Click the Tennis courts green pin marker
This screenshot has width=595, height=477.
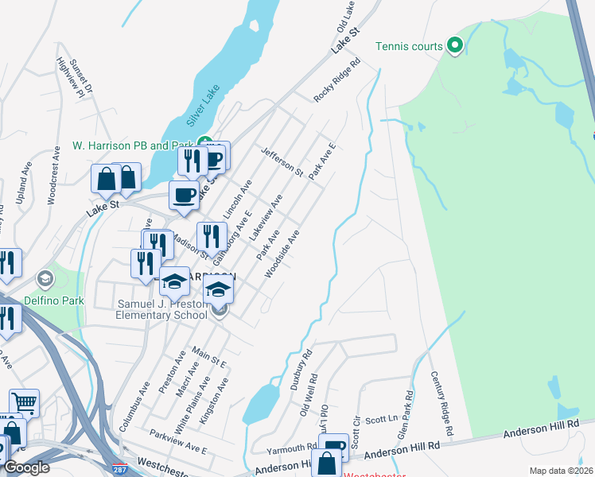pyautogui.click(x=455, y=46)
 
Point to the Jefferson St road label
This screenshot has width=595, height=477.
pyautogui.click(x=282, y=161)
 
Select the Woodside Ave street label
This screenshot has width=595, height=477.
pyautogui.click(x=282, y=254)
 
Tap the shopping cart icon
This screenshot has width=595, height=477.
pyautogui.click(x=24, y=403)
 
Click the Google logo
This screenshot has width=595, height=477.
pyautogui.click(x=26, y=467)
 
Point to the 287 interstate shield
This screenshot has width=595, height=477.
pyautogui.click(x=119, y=469)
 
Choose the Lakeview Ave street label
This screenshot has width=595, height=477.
pyautogui.click(x=266, y=222)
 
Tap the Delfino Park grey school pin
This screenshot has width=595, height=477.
pyautogui.click(x=45, y=278)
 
